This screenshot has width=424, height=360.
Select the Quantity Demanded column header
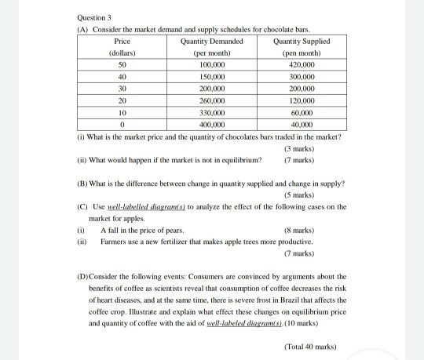tap(211, 41)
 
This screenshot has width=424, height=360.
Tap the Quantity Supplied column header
tap(302, 41)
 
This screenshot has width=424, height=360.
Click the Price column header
tap(122, 41)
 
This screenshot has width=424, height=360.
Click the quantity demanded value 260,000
tap(211, 101)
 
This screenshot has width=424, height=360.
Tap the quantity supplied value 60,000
tap(302, 113)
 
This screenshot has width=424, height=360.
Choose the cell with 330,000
tap(211, 113)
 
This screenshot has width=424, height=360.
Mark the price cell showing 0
tap(122, 125)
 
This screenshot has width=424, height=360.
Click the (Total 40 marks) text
tap(313, 346)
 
